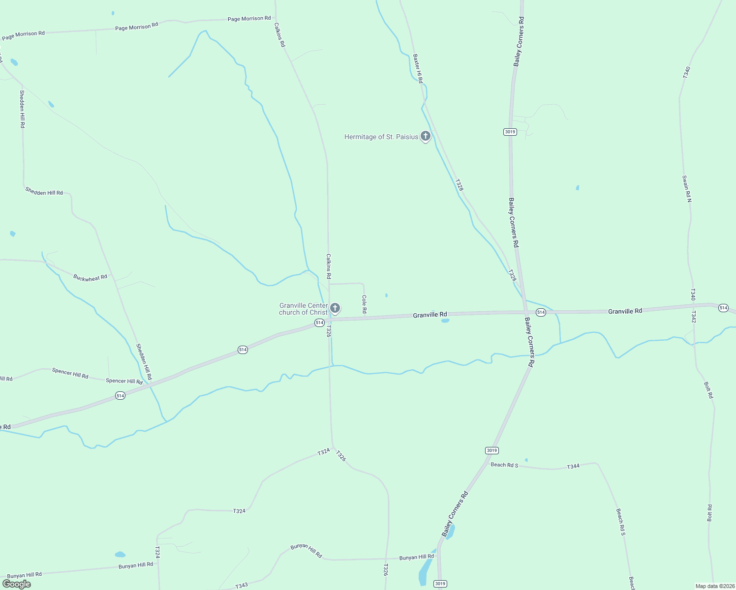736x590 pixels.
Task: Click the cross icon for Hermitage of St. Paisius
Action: point(426,136)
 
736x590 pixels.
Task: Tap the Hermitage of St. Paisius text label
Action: point(381,137)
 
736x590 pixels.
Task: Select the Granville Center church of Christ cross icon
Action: point(335,308)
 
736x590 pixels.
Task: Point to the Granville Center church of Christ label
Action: point(303,309)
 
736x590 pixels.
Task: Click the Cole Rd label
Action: point(365,304)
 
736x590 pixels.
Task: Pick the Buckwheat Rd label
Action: point(90,278)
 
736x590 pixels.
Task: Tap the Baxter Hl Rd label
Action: point(418,69)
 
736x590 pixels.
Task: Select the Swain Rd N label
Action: point(687,189)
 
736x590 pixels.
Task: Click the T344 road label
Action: point(573,466)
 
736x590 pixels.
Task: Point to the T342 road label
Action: point(693,317)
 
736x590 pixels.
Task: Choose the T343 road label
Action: point(242,586)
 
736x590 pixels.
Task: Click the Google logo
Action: point(17,584)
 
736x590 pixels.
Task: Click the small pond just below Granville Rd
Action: point(445,321)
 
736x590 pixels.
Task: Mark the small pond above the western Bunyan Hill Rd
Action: point(120,555)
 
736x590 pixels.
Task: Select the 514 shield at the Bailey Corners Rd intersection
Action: point(541,313)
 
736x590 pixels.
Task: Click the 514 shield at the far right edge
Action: point(723,308)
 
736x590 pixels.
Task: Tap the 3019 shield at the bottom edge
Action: point(440,584)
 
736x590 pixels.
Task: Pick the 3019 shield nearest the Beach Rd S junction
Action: point(491,450)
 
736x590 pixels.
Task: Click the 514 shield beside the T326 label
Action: point(319,323)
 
